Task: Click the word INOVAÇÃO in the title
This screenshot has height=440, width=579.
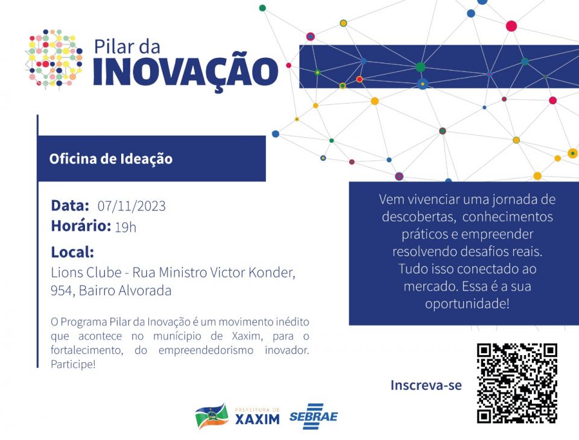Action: click(185, 71)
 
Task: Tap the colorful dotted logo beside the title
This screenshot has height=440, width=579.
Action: click(54, 58)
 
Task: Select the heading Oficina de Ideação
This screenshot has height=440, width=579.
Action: click(111, 159)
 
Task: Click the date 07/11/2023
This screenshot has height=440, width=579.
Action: click(131, 206)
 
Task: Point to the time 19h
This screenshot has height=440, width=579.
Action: click(125, 227)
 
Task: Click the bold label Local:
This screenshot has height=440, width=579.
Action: click(72, 252)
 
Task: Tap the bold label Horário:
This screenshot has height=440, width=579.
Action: click(81, 226)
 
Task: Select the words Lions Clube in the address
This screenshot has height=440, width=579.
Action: click(86, 272)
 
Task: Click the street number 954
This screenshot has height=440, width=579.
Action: click(62, 291)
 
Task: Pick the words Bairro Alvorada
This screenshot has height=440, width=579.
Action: click(125, 291)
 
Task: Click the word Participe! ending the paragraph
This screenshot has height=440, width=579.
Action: click(73, 364)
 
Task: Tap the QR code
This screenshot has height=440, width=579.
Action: click(517, 383)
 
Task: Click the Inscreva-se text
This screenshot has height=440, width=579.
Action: click(426, 385)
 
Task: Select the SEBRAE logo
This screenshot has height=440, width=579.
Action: click(314, 416)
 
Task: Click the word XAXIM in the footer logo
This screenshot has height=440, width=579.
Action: click(258, 420)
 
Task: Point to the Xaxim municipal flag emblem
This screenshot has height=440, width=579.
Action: click(212, 416)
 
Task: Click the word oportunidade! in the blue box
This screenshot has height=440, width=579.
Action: click(467, 303)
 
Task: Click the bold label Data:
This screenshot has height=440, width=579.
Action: click(70, 206)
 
